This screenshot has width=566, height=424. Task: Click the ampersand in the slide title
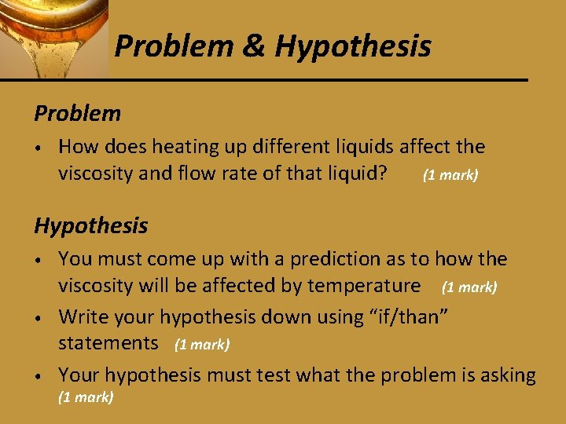pyautogui.click(x=253, y=47)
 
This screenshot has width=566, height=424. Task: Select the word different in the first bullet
pyautogui.click(x=275, y=147)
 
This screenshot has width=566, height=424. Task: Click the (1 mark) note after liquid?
pyautogui.click(x=450, y=175)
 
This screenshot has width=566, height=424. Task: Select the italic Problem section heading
pyautogui.click(x=77, y=114)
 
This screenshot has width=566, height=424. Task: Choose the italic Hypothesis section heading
pyautogui.click(x=90, y=226)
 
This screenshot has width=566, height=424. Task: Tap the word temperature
pyautogui.click(x=365, y=285)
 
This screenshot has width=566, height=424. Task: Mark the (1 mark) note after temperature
pyautogui.click(x=469, y=287)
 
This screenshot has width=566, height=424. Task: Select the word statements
pyautogui.click(x=108, y=343)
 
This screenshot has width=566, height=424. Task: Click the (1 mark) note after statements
pyautogui.click(x=202, y=345)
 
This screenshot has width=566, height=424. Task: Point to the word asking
pyautogui.click(x=507, y=375)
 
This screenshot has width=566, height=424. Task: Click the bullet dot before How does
pyautogui.click(x=38, y=148)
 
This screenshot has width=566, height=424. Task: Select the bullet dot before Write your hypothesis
pyautogui.click(x=38, y=318)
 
